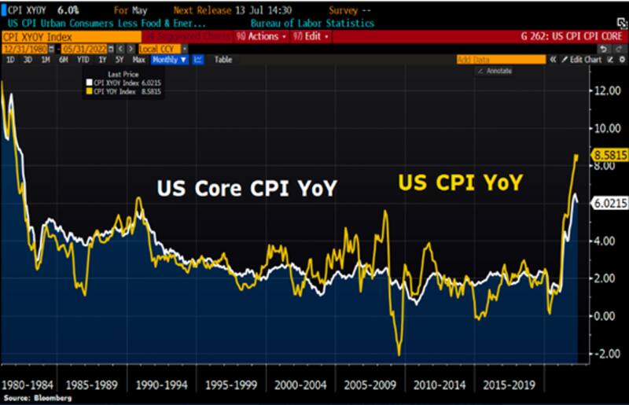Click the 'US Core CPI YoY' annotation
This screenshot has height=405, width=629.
pyautogui.click(x=246, y=189)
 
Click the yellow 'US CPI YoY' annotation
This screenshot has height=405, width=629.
pyautogui.click(x=459, y=182)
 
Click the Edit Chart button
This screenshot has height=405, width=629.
pyautogui.click(x=585, y=60)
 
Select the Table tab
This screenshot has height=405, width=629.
pyautogui.click(x=223, y=60)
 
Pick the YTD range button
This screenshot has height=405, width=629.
pyautogui.click(x=83, y=60)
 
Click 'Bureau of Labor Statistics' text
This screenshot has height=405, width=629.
pyautogui.click(x=318, y=24)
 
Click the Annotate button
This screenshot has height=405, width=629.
pyautogui.click(x=497, y=70)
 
